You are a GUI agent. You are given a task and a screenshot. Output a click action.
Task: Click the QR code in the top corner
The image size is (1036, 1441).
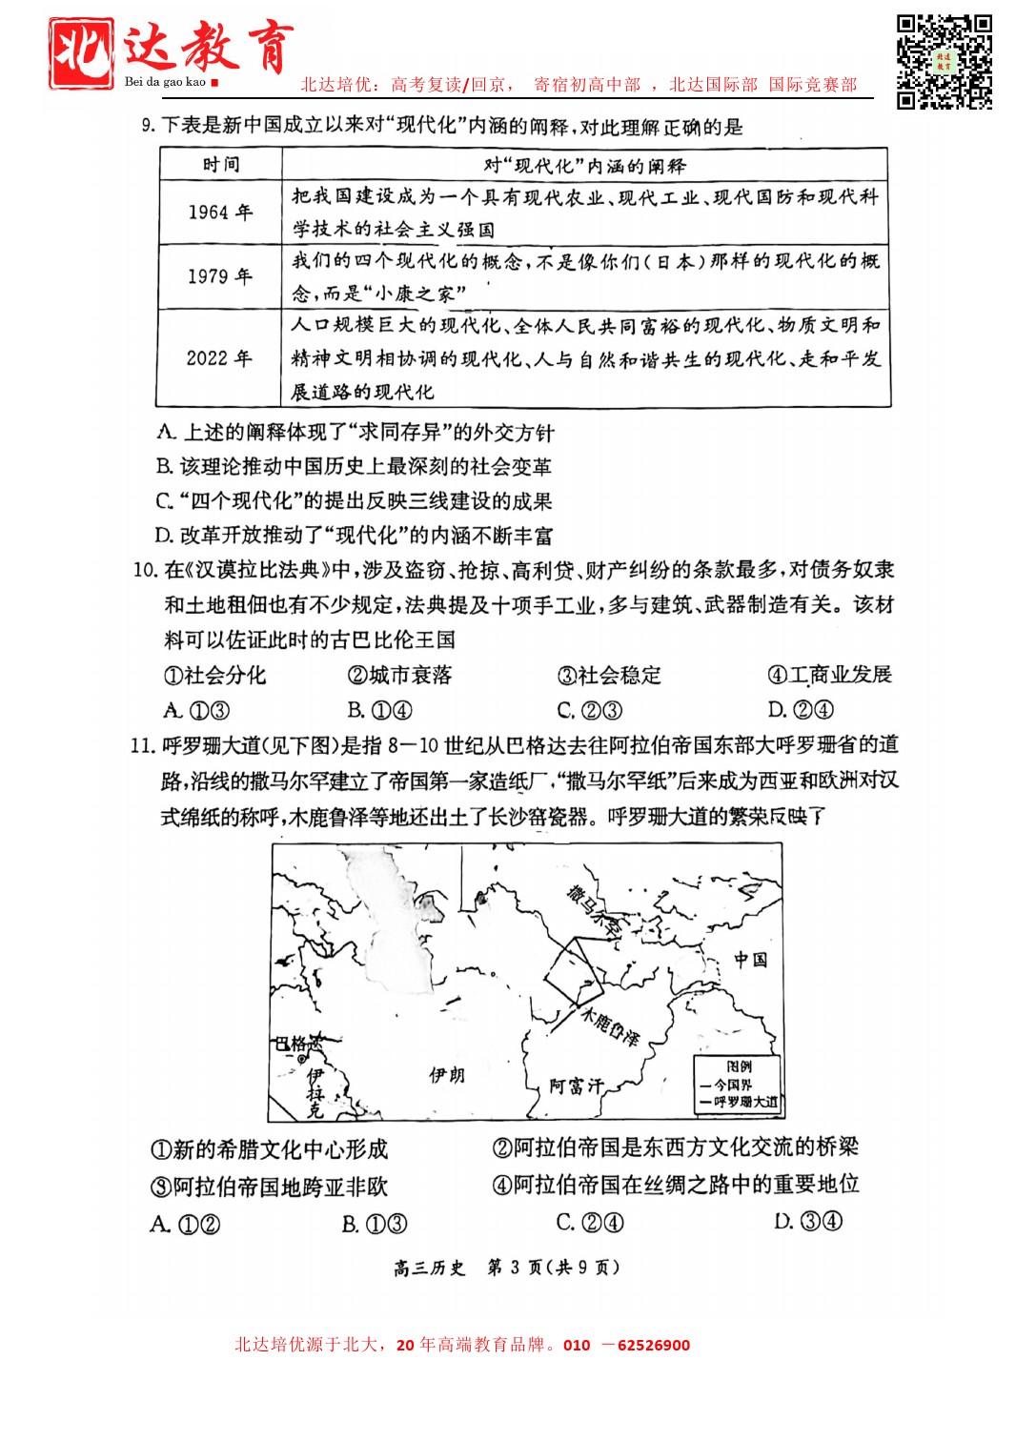944,62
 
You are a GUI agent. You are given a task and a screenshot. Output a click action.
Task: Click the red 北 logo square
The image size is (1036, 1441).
81,53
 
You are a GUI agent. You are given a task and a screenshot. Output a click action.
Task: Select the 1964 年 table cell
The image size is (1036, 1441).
220,213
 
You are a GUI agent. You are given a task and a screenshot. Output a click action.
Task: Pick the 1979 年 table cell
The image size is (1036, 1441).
220,276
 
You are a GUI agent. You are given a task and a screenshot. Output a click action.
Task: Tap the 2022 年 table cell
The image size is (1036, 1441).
220,358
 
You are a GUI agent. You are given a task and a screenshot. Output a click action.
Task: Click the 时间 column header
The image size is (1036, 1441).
221,165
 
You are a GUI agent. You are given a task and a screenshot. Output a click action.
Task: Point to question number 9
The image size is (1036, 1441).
148,126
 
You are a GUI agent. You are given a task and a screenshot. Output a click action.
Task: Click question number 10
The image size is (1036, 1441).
145,570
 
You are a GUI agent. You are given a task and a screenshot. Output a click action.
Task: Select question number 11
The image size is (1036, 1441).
142,745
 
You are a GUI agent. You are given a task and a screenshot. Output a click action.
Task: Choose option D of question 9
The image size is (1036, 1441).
353,536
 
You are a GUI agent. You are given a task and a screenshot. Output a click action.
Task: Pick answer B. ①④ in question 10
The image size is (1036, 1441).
379,710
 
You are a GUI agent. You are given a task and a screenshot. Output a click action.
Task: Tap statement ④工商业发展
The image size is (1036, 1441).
829,675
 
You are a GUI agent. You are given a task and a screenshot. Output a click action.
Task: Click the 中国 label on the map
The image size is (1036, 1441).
750,960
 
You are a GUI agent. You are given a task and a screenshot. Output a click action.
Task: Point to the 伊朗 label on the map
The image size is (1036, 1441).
447,1075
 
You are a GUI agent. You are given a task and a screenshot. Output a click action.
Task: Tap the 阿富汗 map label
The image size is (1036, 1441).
577,1086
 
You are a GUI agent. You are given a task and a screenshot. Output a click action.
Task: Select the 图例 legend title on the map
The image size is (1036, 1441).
739,1066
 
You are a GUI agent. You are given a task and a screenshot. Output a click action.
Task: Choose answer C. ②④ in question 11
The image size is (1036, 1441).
589,1223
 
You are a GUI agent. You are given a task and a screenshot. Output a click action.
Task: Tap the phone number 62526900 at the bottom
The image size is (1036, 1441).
654,1346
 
